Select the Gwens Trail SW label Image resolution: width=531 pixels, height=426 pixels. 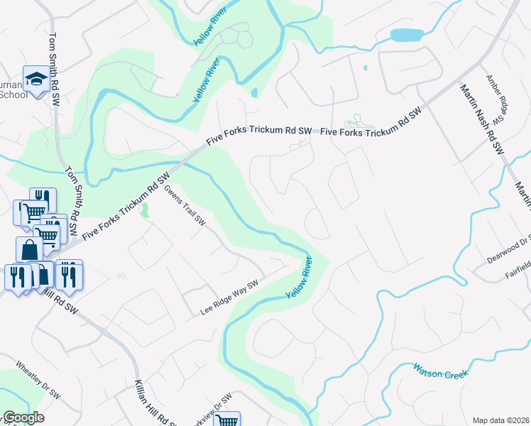click(185, 206)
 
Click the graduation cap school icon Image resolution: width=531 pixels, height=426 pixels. click(35, 79)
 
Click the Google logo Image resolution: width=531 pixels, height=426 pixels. click(23, 417)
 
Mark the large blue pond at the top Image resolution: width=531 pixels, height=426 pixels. click(405, 35)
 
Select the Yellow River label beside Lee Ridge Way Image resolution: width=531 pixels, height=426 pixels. click(300, 277)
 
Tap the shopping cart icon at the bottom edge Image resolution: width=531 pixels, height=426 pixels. click(226, 420)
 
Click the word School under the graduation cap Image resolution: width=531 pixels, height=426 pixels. click(13, 94)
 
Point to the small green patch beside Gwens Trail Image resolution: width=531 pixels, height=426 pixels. click(146, 211)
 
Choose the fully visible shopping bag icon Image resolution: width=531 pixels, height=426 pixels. click(29, 250)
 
